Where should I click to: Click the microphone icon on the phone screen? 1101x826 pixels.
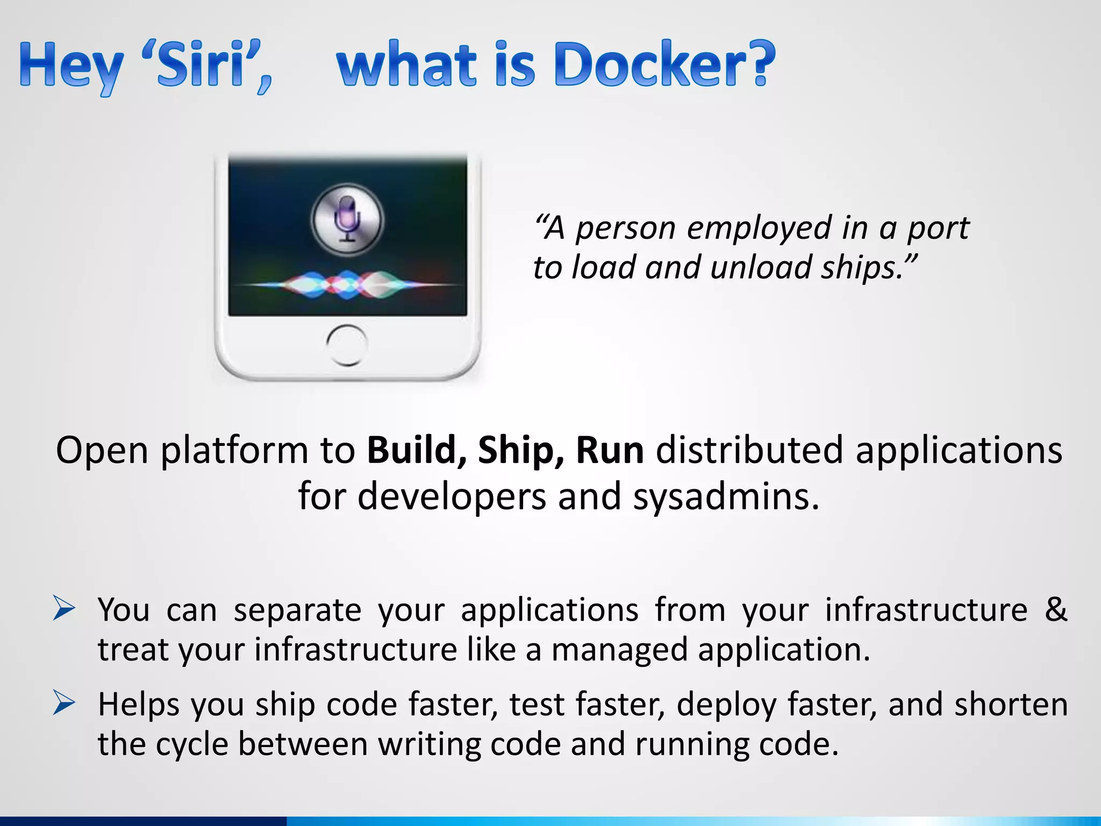pos(348,218)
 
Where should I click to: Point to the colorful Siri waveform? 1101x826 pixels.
pos(348,284)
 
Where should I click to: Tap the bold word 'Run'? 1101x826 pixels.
pos(609,450)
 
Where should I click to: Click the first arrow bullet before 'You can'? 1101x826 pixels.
pos(64,609)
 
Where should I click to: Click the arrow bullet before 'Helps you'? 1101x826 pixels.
pos(64,703)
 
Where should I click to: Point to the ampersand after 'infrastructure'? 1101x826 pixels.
pos(1056,609)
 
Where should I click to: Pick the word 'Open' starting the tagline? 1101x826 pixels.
pos(102,451)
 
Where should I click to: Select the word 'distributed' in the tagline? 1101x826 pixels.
pos(749,450)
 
